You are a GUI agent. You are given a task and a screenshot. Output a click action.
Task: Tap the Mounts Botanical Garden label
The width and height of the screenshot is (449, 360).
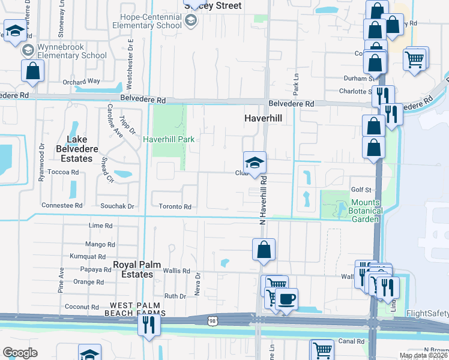[366, 211]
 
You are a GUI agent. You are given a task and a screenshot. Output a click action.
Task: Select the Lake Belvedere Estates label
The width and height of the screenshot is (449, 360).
[80, 149]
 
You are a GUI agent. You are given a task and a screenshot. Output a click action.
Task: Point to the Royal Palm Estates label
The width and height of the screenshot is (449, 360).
[133, 269]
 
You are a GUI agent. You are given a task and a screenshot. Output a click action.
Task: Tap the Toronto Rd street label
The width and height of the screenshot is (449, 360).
[175, 206]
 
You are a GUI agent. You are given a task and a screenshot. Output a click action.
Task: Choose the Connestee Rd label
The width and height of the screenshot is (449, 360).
[62, 205]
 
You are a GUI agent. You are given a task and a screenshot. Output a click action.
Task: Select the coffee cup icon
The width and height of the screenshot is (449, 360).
[286, 299]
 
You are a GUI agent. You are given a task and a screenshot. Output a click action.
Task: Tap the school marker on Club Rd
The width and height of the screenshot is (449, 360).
[254, 163]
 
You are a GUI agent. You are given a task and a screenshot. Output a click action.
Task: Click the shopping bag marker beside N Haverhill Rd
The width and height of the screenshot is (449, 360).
[264, 250]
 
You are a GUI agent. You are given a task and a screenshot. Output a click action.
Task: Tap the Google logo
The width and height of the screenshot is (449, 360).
[20, 353]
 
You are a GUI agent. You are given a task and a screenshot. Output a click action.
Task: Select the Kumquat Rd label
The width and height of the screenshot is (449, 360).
[88, 256]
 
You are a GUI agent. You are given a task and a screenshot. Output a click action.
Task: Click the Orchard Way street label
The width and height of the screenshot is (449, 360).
[81, 81]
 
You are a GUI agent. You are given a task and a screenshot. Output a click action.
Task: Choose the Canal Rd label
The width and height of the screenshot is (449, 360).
[351, 341]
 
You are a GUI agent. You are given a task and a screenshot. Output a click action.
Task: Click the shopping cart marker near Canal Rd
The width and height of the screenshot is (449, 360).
[322, 350]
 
